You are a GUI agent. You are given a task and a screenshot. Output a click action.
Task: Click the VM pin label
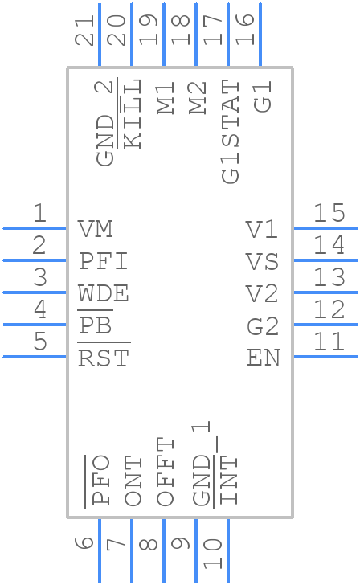tap(96, 230)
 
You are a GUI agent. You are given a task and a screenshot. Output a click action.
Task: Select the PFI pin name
tap(104, 262)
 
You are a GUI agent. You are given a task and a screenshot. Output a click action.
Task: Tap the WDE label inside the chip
tap(104, 294)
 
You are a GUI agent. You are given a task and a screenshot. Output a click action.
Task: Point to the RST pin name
tap(104, 358)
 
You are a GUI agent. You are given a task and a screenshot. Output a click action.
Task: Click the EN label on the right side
tap(263, 358)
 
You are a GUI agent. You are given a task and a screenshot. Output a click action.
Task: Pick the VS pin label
tap(262, 262)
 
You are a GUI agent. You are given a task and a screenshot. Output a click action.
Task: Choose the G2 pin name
tap(262, 326)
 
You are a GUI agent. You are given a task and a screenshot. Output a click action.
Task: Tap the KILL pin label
tap(133, 113)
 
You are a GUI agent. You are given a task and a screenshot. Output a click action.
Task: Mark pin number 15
tap(329, 214)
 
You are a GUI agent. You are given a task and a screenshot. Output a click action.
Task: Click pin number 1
tap(39, 214)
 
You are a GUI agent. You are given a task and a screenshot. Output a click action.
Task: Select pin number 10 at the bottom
tap(213, 554)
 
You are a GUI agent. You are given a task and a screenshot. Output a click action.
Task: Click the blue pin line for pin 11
tap(325, 356)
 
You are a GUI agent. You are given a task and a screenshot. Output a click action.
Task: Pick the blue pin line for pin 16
tap(260, 35)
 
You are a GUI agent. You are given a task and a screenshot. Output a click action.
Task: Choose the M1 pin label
tap(166, 97)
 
